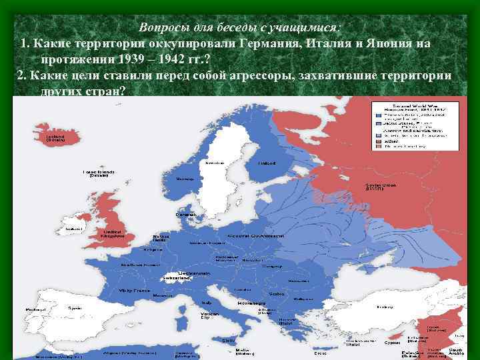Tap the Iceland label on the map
click(x=55, y=137)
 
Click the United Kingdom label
click(x=110, y=233)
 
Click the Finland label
click(x=266, y=162)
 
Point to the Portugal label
click(x=31, y=310)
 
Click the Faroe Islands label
click(x=99, y=173)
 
